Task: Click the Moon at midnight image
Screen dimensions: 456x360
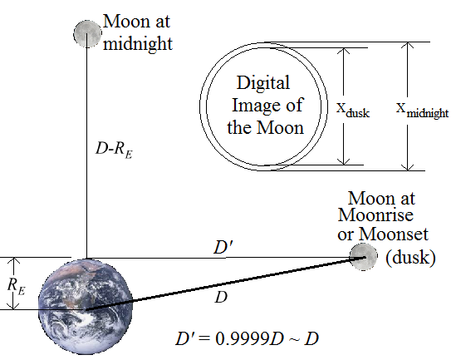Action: click(87, 34)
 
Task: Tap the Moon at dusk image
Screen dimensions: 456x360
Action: click(363, 257)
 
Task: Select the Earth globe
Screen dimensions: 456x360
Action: click(86, 307)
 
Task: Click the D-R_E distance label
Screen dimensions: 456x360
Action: click(114, 150)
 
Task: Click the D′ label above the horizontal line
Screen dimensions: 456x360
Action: click(223, 248)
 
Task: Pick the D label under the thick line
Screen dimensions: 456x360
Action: click(221, 298)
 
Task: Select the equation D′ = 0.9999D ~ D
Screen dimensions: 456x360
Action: click(247, 338)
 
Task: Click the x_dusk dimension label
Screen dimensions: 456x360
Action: click(353, 110)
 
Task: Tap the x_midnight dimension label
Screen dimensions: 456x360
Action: click(422, 110)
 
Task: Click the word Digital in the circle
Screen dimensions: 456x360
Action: click(263, 83)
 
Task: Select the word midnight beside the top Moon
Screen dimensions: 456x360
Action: click(138, 44)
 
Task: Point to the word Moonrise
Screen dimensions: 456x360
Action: click(375, 215)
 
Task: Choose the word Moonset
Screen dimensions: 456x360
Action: click(394, 234)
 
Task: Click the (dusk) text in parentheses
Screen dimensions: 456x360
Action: click(410, 257)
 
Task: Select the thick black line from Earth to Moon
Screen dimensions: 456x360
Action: click(225, 284)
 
